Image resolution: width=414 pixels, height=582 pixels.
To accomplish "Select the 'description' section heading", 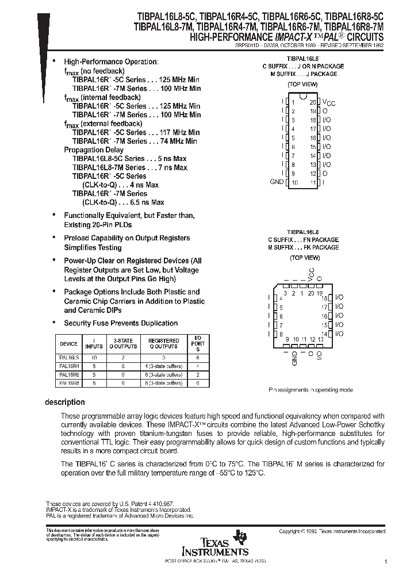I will pyautogui.click(x=65, y=402).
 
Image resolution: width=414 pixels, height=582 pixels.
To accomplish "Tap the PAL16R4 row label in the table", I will pyautogui.click(x=69, y=365).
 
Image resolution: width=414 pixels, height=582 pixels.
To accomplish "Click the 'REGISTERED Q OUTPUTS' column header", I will pyautogui.click(x=164, y=344).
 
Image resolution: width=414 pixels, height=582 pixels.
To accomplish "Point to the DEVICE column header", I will pyautogui.click(x=69, y=344).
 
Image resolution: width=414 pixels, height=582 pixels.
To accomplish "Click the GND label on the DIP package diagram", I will pyautogui.click(x=277, y=182).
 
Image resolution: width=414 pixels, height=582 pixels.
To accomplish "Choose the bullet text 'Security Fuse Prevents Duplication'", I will pyautogui.click(x=121, y=323).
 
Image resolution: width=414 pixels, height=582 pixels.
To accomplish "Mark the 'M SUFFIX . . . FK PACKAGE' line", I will pyautogui.click(x=303, y=247).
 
